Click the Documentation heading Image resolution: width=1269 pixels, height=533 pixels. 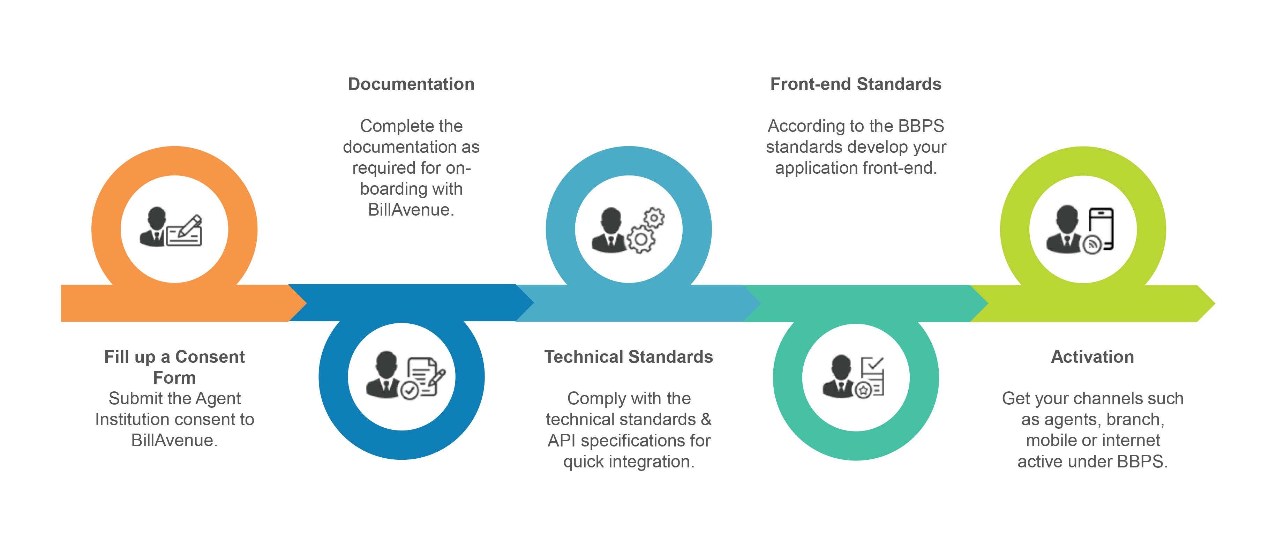(x=411, y=84)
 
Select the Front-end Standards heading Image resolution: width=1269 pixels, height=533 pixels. (x=856, y=84)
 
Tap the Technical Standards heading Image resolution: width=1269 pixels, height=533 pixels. (x=628, y=356)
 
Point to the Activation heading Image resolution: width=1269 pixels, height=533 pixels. (x=1092, y=356)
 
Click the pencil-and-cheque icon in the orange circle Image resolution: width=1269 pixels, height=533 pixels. (x=185, y=231)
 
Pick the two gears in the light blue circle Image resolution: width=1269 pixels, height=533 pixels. (x=646, y=230)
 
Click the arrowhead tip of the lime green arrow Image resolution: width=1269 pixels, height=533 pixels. (x=1213, y=303)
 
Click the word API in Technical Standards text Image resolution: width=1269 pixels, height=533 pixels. (x=562, y=441)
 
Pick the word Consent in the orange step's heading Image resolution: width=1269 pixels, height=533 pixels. (x=210, y=356)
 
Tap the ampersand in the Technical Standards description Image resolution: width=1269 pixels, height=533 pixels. (x=706, y=419)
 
